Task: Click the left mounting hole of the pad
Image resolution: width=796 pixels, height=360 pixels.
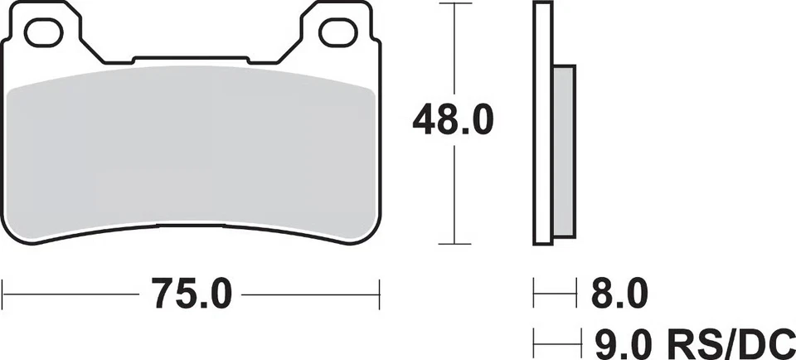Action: coord(44,32)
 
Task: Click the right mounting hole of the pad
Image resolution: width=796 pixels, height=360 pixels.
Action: coord(338,32)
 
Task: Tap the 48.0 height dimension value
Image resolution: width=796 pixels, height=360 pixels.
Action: coord(453,120)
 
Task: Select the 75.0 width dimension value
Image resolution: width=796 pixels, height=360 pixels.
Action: coord(192,294)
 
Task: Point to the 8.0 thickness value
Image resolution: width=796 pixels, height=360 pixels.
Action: coord(620,294)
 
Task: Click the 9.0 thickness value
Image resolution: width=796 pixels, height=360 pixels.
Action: coord(624,343)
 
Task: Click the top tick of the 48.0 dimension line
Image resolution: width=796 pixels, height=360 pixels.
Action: coord(454,3)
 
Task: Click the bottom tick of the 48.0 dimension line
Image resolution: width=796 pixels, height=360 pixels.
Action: coord(454,244)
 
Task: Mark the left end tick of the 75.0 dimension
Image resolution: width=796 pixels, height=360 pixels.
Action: coord(2,294)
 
